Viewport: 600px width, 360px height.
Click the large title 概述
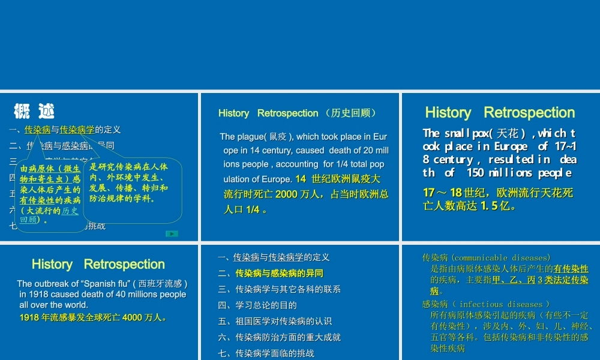tap(34, 112)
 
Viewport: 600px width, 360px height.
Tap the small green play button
tap(172, 233)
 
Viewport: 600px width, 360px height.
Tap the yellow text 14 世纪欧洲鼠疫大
tap(338, 179)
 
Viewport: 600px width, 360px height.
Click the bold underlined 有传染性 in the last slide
tap(571, 269)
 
